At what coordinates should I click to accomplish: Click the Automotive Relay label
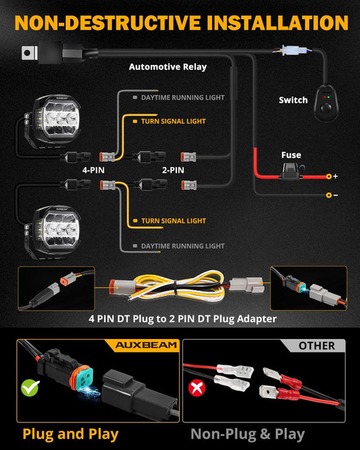(x=168, y=67)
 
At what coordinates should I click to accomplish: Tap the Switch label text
(x=293, y=100)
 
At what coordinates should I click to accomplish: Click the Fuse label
(x=291, y=155)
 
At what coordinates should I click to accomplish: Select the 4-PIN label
(x=93, y=170)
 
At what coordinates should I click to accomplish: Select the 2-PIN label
(x=172, y=170)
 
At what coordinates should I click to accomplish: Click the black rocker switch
(x=326, y=104)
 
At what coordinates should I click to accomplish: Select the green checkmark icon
(x=29, y=387)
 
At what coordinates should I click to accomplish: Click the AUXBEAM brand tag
(x=147, y=346)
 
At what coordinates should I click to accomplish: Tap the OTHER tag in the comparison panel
(x=317, y=346)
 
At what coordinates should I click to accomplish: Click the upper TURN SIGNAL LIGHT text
(x=173, y=122)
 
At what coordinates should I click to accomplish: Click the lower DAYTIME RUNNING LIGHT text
(x=182, y=246)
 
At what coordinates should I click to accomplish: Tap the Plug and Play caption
(x=71, y=434)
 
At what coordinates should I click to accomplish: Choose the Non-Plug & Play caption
(x=248, y=434)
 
